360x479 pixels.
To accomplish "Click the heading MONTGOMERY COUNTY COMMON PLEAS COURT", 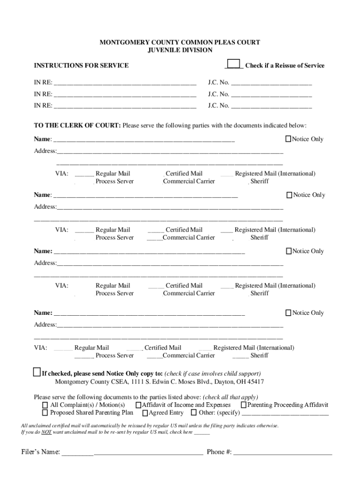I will [180, 43].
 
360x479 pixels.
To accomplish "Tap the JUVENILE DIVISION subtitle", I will [180, 50].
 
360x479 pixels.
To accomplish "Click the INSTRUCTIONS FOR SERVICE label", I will [81, 65].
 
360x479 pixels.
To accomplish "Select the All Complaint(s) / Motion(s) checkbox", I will [45, 405].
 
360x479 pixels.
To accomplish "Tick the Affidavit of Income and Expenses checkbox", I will [138, 405].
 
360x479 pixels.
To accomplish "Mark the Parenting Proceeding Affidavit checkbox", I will [244, 405].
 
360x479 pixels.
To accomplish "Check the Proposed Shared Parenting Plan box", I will [45, 413].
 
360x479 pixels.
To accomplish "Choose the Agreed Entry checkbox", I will [145, 413].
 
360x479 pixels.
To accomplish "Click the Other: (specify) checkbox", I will [194, 413].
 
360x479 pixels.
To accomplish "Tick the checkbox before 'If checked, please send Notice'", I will [37, 372].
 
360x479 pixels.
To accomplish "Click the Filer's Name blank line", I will [132, 452].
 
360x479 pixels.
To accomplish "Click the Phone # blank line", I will [283, 452].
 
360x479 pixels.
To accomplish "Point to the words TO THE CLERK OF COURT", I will [77, 125].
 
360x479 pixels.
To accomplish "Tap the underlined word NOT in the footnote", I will [45, 433].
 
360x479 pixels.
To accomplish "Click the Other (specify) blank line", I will [285, 413].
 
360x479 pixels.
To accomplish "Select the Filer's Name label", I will [41, 452].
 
